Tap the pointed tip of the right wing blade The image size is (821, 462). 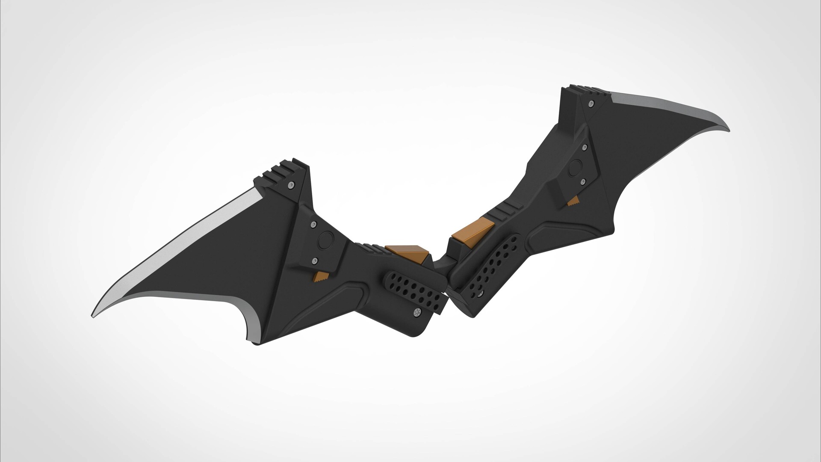pyautogui.click(x=728, y=129)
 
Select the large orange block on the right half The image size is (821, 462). pyautogui.click(x=473, y=232)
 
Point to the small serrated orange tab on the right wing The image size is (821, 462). pyautogui.click(x=573, y=201)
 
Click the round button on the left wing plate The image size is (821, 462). pyautogui.click(x=326, y=241)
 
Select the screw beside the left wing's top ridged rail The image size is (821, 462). pyautogui.click(x=291, y=185)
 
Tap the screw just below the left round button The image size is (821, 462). pyautogui.click(x=315, y=261)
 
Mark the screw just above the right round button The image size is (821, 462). pyautogui.click(x=585, y=147)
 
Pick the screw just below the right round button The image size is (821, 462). pyautogui.click(x=582, y=182)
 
